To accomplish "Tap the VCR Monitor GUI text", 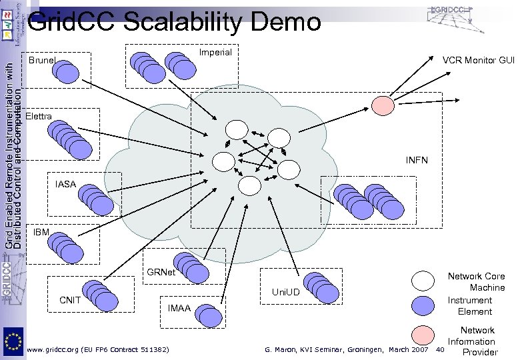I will pyautogui.click(x=479, y=61).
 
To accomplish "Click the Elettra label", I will pyautogui.click(x=39, y=117).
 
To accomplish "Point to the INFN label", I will pyautogui.click(x=417, y=161).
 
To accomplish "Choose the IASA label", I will pyautogui.click(x=65, y=183).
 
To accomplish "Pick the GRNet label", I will pyautogui.click(x=161, y=273).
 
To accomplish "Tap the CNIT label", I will pyautogui.click(x=71, y=299).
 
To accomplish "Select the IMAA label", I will pyautogui.click(x=179, y=307).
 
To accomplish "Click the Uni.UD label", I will pyautogui.click(x=286, y=292).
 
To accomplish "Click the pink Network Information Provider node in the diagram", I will pyautogui.click(x=383, y=105).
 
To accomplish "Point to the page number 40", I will pyautogui.click(x=439, y=349).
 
